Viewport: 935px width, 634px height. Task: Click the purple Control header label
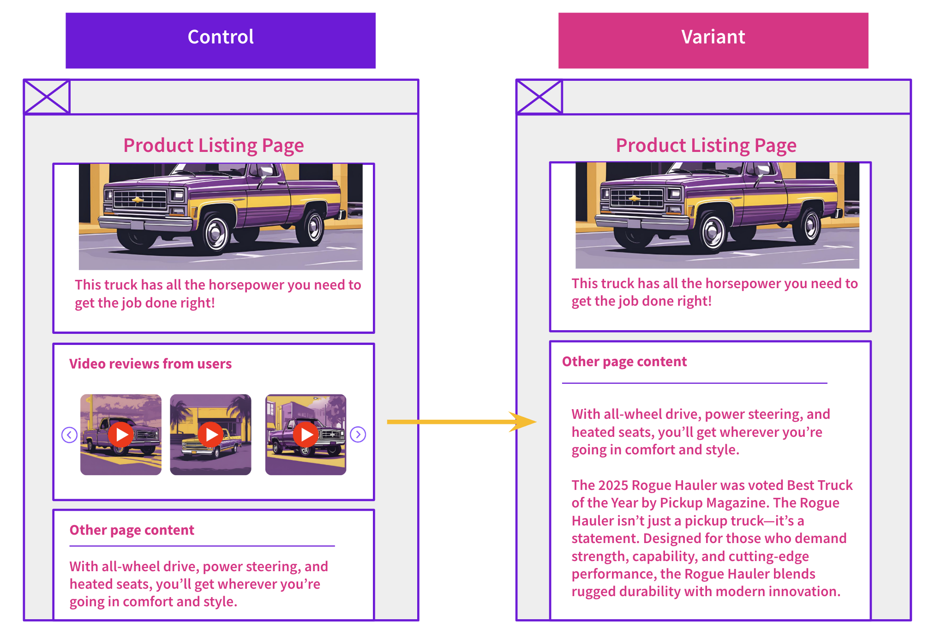(221, 37)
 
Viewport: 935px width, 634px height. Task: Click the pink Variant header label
(713, 37)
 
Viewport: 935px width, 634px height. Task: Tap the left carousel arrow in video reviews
(69, 435)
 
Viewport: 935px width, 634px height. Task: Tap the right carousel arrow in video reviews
(358, 435)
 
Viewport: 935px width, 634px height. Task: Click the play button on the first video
(121, 435)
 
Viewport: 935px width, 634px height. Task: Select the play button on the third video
(306, 435)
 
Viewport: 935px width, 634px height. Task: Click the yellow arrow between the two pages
(462, 422)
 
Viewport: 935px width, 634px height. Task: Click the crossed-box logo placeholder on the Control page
(47, 97)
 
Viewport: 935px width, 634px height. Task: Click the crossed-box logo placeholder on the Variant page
(539, 97)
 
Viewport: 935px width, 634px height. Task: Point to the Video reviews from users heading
(150, 364)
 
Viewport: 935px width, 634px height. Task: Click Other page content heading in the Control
(132, 530)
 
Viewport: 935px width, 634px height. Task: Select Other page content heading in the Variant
(624, 362)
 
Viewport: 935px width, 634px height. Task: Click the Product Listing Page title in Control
(213, 146)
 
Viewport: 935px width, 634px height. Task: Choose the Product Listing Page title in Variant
(706, 146)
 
